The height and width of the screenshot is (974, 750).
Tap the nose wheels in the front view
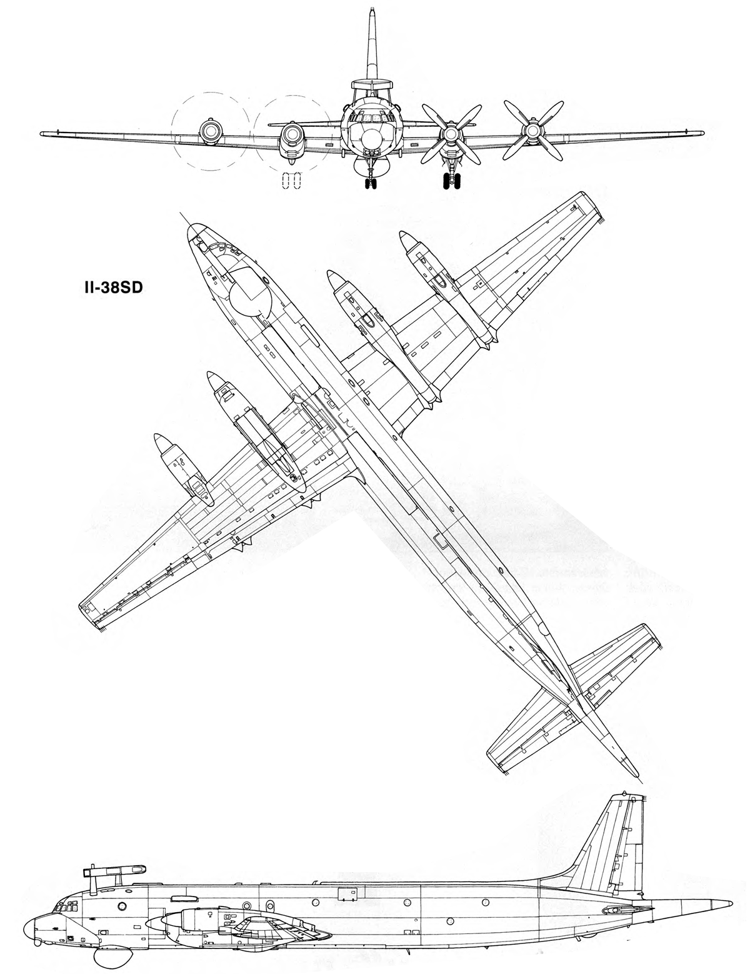pyautogui.click(x=370, y=184)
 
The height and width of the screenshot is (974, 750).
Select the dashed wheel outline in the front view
pyautogui.click(x=291, y=183)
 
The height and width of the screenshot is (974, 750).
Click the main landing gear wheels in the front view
pyautogui.click(x=451, y=181)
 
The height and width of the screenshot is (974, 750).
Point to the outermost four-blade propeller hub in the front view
pyautogui.click(x=532, y=131)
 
